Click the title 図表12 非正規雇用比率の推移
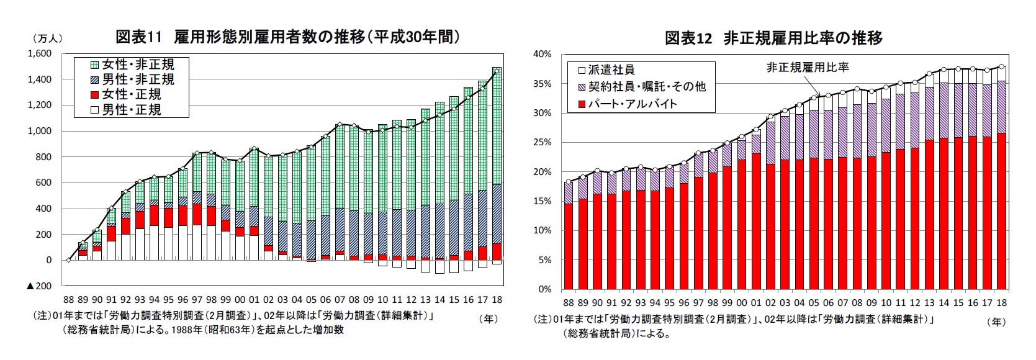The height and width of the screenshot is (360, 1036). (x=773, y=38)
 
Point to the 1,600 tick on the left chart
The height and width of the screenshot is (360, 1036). (x=38, y=54)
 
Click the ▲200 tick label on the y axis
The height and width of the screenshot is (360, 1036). (x=38, y=286)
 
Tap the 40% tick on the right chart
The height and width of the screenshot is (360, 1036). (x=542, y=55)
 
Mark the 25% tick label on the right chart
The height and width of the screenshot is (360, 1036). (x=542, y=142)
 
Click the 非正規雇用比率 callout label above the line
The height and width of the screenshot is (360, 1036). (x=808, y=67)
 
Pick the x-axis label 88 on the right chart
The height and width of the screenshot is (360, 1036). (x=568, y=302)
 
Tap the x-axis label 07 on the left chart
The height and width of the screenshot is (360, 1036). (x=340, y=299)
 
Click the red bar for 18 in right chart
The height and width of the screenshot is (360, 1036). (x=1001, y=211)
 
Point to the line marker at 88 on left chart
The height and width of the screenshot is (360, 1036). (x=69, y=260)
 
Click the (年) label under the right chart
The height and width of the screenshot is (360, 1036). (x=996, y=322)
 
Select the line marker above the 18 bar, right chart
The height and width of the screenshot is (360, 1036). (x=1002, y=67)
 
